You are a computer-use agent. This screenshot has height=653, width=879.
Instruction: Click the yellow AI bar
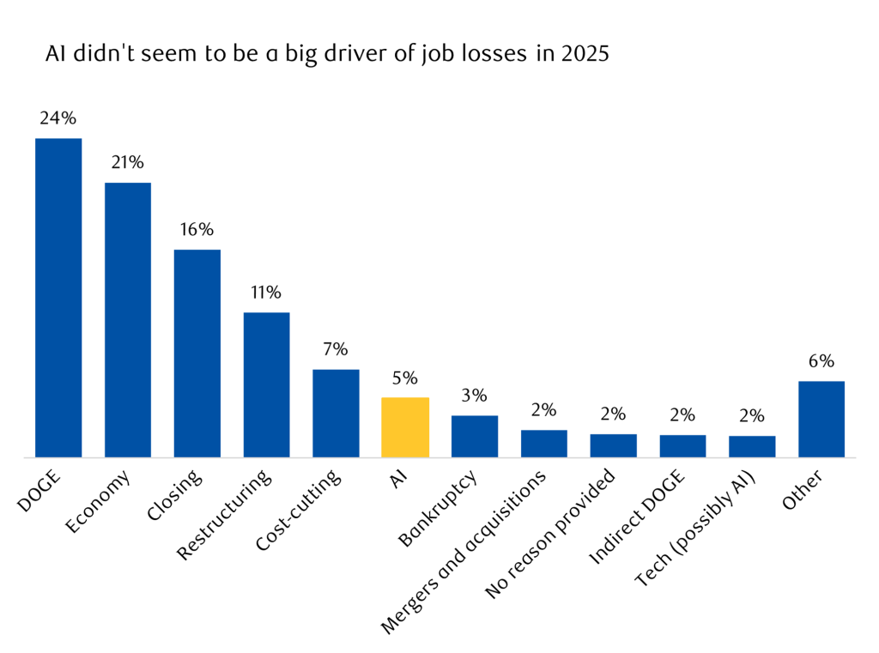coord(405,427)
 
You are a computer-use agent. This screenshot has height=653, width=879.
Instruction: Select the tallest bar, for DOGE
coord(58,298)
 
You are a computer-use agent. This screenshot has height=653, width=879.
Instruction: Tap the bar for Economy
coord(128,319)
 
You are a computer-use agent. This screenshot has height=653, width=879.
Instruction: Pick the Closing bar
coord(197,354)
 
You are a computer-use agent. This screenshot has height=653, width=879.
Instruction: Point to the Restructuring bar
coord(266,384)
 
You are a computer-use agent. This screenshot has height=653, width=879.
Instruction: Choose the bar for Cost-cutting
coord(336,413)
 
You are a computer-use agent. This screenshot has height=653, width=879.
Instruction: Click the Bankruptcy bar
coord(475,436)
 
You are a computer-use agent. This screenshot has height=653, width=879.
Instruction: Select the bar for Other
coord(821,419)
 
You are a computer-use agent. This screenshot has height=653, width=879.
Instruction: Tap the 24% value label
coord(58,118)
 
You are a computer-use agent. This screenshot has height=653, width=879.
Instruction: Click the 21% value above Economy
coord(127,163)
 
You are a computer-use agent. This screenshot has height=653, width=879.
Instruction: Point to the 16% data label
coord(197,230)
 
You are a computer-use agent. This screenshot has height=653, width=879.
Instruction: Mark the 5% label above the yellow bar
coord(405,378)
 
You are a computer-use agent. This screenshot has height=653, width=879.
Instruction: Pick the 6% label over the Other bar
coord(821,361)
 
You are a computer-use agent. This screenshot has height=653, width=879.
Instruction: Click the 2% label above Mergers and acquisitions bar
coord(544,410)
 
